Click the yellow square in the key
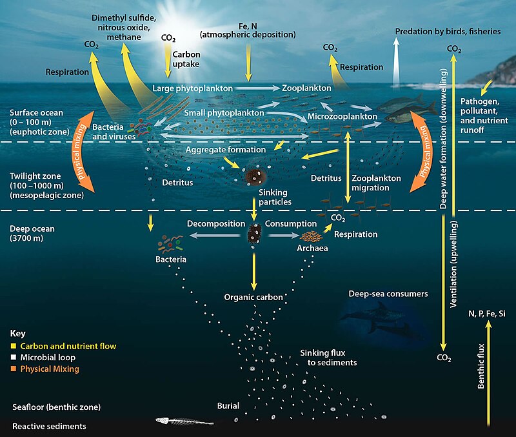click(14, 346)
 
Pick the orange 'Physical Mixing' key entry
click(50, 369)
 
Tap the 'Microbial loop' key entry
click(48, 358)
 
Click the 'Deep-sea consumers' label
click(388, 294)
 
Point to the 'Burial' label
click(228, 406)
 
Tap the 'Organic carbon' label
click(253, 298)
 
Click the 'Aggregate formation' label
click(217, 150)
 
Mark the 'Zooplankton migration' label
click(377, 183)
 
